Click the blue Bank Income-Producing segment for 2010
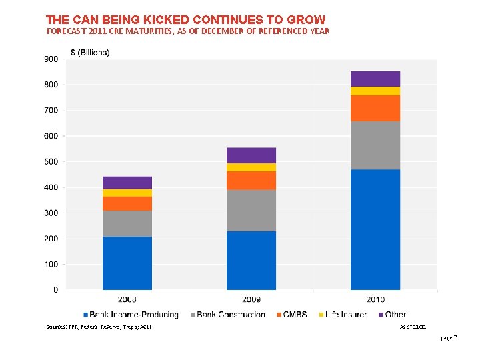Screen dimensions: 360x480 (x=375, y=229)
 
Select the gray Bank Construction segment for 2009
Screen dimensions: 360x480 (x=251, y=211)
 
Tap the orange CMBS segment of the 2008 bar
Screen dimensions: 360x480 (x=127, y=203)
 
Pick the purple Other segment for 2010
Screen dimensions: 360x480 (x=375, y=79)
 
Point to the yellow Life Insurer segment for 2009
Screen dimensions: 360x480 (x=251, y=167)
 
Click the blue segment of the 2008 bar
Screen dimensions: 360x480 (x=127, y=263)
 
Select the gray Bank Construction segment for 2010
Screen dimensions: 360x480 (x=375, y=145)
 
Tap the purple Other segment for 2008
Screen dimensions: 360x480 (x=127, y=183)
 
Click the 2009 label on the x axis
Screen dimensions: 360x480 (x=251, y=300)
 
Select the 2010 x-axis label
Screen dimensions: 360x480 (x=375, y=300)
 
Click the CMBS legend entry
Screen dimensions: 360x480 (x=291, y=315)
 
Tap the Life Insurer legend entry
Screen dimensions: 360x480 (x=344, y=315)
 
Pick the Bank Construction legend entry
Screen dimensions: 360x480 (x=231, y=315)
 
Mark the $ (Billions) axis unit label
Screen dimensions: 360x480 (x=91, y=53)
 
